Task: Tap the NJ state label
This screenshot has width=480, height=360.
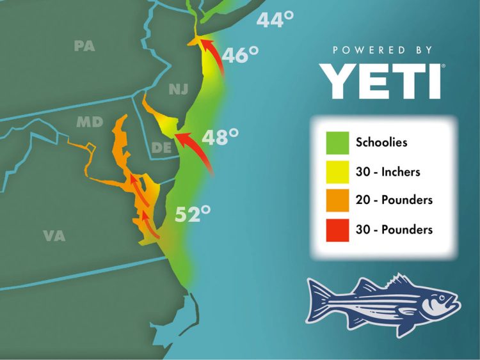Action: (x=179, y=89)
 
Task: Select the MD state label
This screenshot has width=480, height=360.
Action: (x=90, y=121)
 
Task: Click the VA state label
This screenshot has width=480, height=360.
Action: (x=54, y=236)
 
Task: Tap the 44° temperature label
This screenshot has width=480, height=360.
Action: (x=275, y=20)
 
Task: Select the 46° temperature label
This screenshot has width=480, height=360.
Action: (x=240, y=56)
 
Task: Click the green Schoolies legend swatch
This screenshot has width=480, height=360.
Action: (x=337, y=142)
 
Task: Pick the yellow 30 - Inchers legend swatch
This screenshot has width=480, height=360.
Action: (x=337, y=171)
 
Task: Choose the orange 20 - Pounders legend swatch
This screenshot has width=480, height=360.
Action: (x=337, y=200)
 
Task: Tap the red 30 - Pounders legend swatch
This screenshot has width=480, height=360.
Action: (x=337, y=229)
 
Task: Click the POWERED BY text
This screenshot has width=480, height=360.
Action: (x=382, y=50)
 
